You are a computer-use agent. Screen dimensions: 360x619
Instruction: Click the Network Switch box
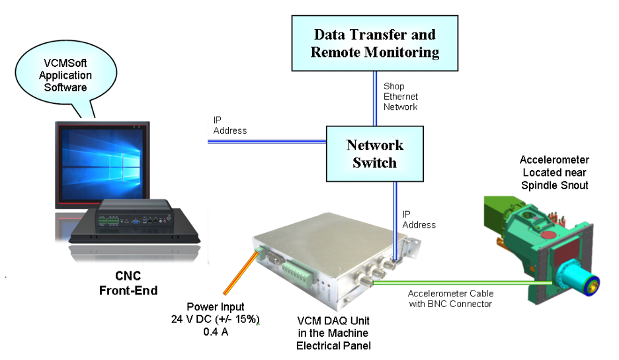374,153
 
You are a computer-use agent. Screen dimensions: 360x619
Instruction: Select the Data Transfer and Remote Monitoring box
375,43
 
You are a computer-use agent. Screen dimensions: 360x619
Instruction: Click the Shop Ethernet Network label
400,96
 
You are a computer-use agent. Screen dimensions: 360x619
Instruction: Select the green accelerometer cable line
456,283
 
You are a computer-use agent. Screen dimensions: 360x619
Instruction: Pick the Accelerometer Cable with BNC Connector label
450,298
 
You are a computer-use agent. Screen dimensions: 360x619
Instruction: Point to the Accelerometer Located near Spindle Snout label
554,173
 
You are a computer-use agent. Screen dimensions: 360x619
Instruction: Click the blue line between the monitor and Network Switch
267,140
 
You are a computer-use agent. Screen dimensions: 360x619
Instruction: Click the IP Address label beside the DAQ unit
419,220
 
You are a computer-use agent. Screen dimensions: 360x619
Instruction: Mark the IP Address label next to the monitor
229,125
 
